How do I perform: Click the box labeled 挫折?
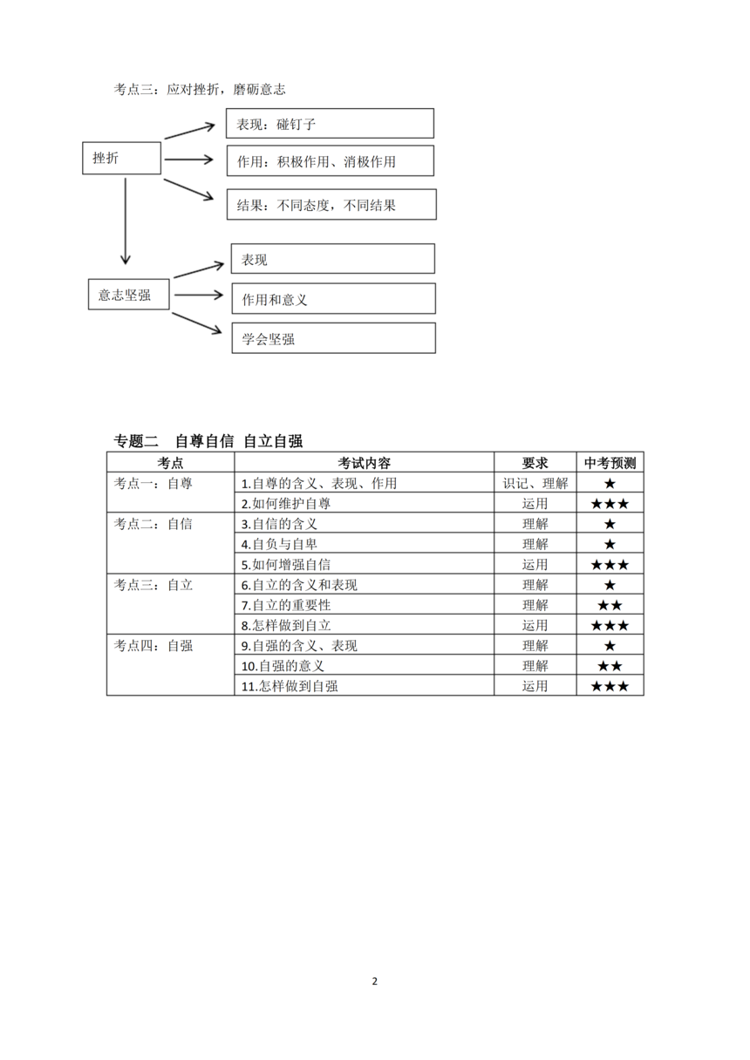(x=122, y=158)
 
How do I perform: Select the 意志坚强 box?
(x=129, y=295)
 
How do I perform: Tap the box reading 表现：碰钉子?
(x=330, y=124)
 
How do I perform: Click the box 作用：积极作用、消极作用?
(x=330, y=161)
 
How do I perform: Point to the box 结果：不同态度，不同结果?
(x=331, y=205)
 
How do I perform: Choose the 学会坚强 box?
(x=333, y=338)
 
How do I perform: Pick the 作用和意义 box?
(x=333, y=299)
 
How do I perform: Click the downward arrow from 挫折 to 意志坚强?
(x=126, y=221)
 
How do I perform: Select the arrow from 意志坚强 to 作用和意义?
(x=198, y=296)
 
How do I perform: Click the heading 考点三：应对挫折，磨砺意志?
(x=200, y=89)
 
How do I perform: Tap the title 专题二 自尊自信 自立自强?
(x=208, y=441)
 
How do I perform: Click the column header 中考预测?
(x=610, y=463)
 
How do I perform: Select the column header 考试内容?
(x=365, y=463)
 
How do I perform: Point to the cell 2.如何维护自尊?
(x=286, y=504)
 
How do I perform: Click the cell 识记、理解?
(x=535, y=483)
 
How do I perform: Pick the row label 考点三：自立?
(x=153, y=585)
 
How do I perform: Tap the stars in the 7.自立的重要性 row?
(x=610, y=605)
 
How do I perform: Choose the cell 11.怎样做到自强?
(x=290, y=686)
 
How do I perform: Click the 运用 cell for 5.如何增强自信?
(x=535, y=565)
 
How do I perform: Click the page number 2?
(x=375, y=982)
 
